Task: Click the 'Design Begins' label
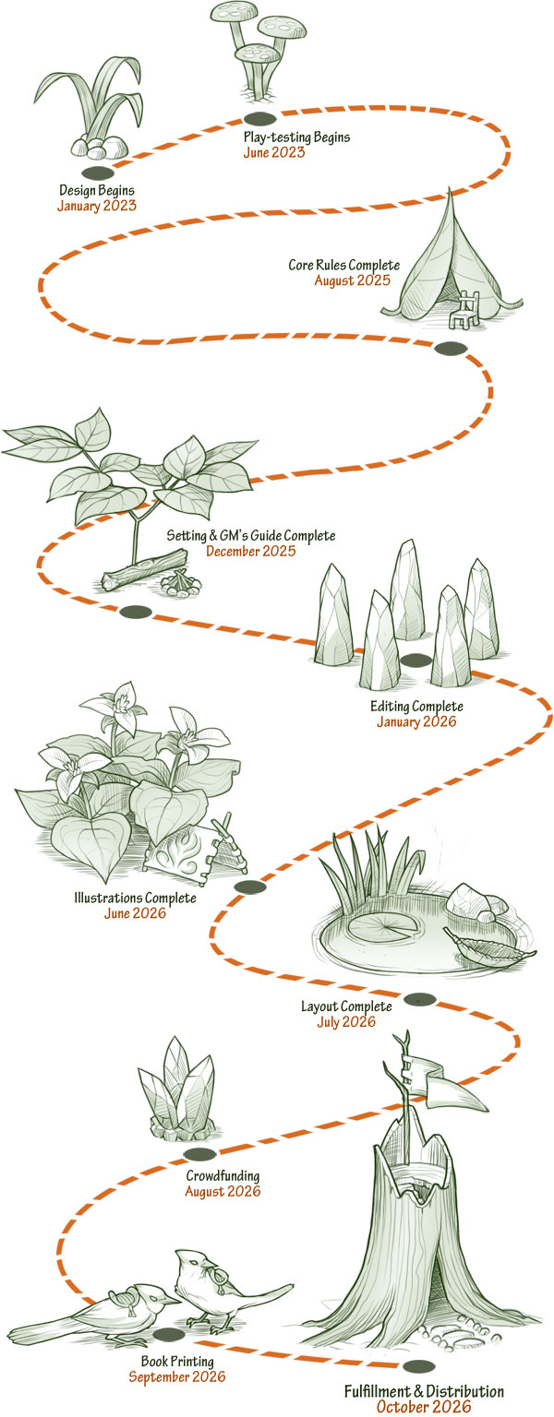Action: [96, 191]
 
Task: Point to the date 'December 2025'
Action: [250, 552]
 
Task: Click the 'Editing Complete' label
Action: [416, 707]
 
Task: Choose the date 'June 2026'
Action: [135, 913]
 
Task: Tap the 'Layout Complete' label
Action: [346, 1006]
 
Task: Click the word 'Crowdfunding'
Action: [223, 1176]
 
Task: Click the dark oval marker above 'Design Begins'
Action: [98, 173]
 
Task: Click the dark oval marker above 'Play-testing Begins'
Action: [259, 118]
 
